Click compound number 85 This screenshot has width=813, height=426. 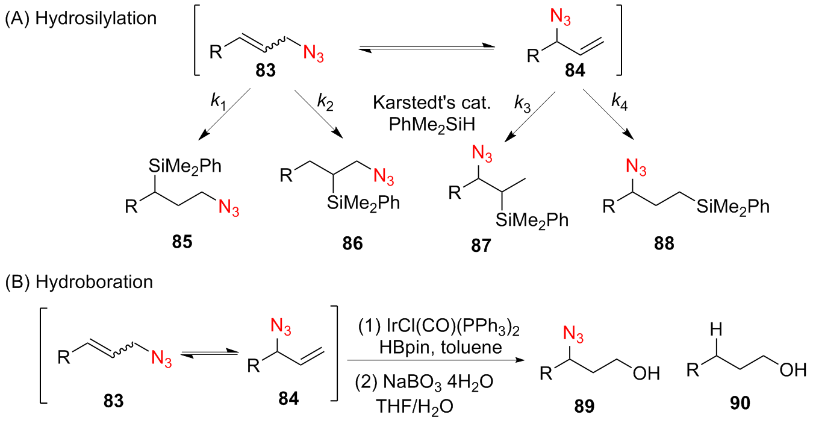point(183,243)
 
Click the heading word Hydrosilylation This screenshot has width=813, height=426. point(96,17)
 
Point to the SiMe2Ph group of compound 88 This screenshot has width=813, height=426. point(733,207)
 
